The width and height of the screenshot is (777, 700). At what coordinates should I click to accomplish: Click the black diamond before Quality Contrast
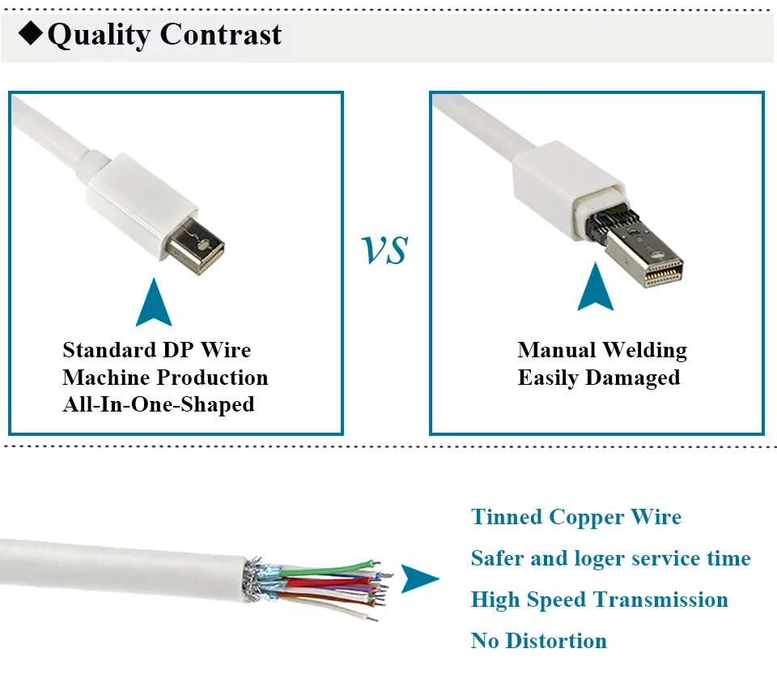(32, 34)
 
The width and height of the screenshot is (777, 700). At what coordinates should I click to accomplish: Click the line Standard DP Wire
(157, 350)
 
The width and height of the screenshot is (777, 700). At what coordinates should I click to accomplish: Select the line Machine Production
(165, 378)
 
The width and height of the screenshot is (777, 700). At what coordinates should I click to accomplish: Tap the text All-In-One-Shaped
(159, 404)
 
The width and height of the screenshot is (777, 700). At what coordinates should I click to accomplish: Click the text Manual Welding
(602, 350)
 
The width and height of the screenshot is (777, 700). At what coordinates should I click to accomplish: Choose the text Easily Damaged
(599, 378)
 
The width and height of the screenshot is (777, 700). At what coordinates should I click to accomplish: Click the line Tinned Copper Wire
(576, 517)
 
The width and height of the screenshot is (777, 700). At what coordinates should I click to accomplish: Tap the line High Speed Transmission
(599, 600)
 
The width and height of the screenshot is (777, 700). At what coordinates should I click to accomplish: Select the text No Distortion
(538, 642)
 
